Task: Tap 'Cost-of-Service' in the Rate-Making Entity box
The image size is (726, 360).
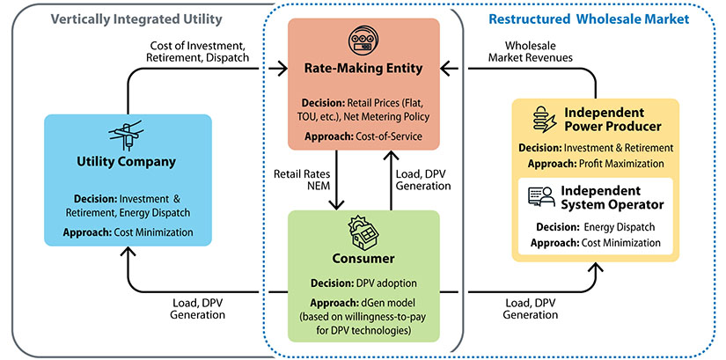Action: pyautogui.click(x=385, y=137)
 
